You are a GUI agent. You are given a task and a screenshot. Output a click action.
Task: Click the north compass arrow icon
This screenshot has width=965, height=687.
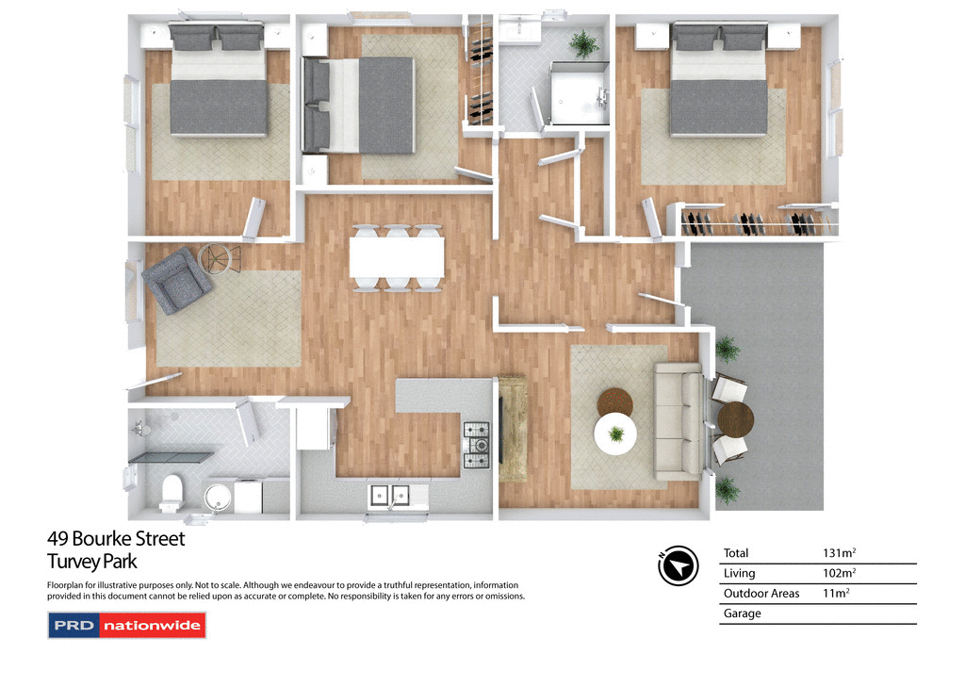(678, 565)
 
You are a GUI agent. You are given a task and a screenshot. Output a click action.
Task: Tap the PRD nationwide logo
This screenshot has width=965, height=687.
(126, 626)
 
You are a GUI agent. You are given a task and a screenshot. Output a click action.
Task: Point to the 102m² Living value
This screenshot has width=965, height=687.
(840, 573)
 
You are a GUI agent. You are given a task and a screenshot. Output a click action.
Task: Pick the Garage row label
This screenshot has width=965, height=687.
(742, 613)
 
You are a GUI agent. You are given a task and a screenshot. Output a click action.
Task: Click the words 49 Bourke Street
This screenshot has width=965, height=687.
(116, 539)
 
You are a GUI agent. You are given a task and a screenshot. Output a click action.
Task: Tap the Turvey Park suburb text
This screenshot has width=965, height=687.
(92, 562)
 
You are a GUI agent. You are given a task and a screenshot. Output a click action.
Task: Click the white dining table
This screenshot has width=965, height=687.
(397, 257)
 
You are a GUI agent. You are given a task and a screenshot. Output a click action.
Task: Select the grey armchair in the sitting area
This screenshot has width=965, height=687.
(175, 280)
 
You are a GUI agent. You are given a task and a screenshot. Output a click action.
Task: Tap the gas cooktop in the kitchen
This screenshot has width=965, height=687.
(476, 445)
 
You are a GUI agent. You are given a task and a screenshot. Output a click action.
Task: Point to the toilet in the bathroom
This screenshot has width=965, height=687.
(172, 491)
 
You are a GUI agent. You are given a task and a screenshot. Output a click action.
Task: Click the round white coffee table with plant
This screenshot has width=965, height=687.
(615, 434)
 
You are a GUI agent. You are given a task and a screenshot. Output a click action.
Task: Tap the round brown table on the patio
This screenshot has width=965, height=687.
(735, 419)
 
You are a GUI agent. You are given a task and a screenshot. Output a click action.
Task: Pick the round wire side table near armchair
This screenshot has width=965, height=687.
(221, 257)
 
